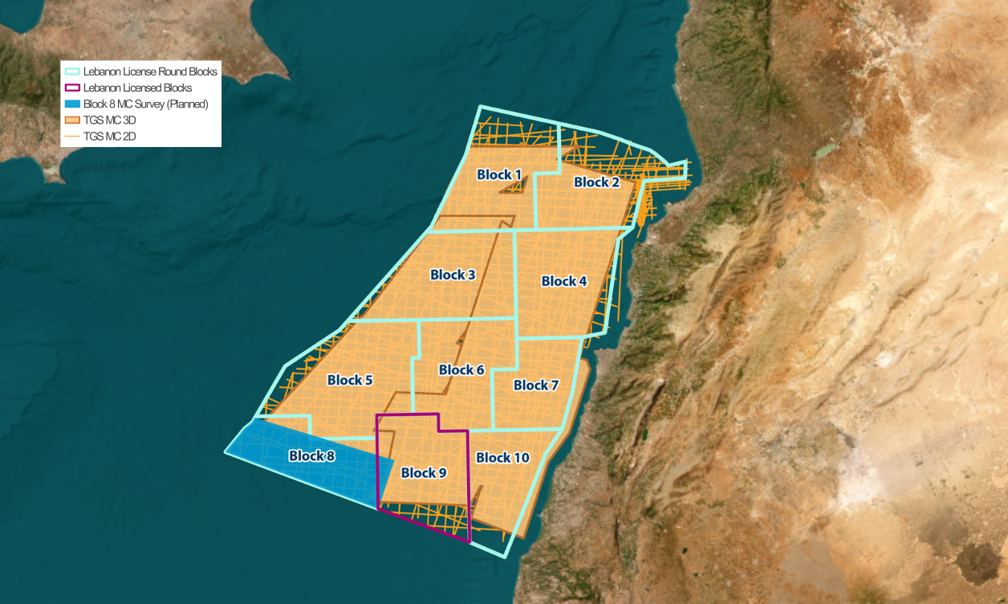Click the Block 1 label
click(499, 175)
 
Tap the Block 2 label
click(596, 182)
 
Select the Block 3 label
click(453, 275)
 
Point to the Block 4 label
click(564, 281)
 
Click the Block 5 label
click(350, 380)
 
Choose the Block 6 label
click(461, 370)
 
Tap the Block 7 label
click(536, 386)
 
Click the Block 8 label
click(311, 456)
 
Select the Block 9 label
click(423, 473)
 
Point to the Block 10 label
click(502, 458)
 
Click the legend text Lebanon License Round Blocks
click(150, 71)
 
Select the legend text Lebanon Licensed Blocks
click(137, 88)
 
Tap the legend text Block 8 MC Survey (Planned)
click(145, 104)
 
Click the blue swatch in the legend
click(71, 104)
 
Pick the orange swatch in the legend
click(71, 120)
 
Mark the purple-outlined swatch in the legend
click(71, 88)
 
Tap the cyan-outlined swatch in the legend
click(71, 71)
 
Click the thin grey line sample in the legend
click(71, 137)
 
